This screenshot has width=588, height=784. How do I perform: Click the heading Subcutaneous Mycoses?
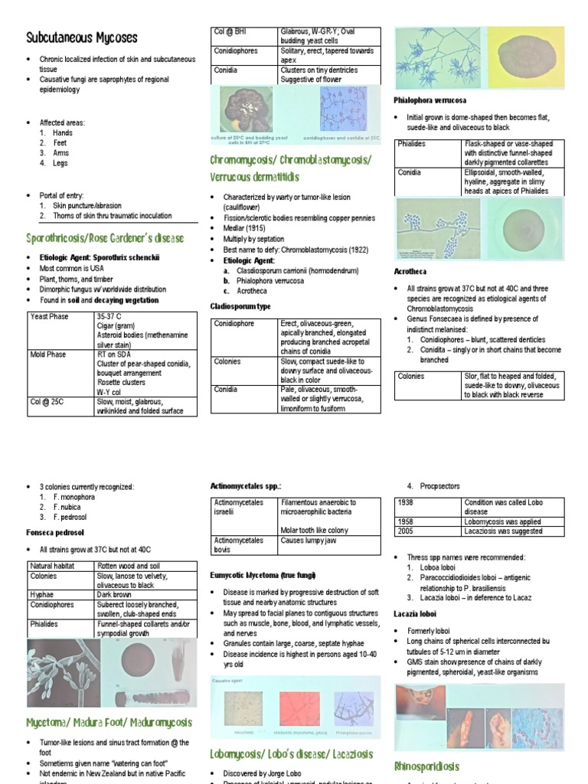[82, 37]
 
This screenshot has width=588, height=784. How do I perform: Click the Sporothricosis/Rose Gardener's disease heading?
[105, 238]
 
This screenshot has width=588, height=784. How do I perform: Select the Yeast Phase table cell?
[49, 316]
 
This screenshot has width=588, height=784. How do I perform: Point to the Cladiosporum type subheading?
[240, 306]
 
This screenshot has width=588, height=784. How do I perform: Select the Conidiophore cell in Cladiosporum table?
[234, 324]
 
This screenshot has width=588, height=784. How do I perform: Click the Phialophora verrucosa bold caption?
[430, 100]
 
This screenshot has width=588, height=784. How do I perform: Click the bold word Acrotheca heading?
[410, 272]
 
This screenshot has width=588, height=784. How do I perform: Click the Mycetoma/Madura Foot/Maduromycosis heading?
[109, 722]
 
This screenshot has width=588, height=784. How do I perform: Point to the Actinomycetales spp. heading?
[246, 485]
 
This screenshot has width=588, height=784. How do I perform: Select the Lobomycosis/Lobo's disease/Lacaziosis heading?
[291, 754]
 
